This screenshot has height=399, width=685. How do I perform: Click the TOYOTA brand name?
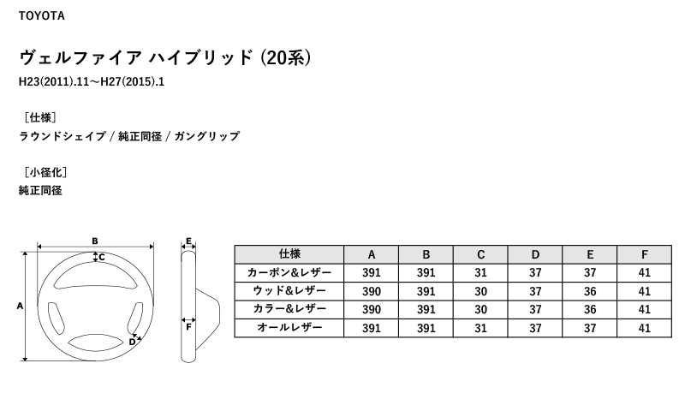pos(41,15)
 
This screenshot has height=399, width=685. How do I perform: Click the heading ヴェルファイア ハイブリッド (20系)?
pos(165,57)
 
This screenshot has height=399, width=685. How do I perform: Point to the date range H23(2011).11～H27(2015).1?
pos(92,81)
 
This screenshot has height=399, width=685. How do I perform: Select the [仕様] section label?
pos(40,117)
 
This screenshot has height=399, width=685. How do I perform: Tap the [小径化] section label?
pos(45,172)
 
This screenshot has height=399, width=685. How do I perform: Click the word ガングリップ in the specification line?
pos(207,136)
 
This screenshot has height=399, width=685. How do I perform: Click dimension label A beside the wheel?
pos(20,306)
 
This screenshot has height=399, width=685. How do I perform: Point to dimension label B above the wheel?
pos(95,241)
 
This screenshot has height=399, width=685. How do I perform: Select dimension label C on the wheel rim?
pos(102,258)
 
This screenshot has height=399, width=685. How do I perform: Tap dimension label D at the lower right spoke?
pos(132,342)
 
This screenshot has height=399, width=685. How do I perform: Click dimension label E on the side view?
pos(188,241)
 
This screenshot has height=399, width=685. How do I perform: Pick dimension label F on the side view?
pos(188,327)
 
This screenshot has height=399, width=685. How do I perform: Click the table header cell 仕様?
pos(289,254)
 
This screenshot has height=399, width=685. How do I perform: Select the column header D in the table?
pos(535,254)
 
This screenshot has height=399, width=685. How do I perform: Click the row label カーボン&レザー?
pos(289,272)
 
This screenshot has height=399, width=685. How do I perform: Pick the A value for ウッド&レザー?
pos(372,291)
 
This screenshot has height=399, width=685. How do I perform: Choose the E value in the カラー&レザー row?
pos(590,309)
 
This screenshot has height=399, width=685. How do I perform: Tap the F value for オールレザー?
pos(645,328)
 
